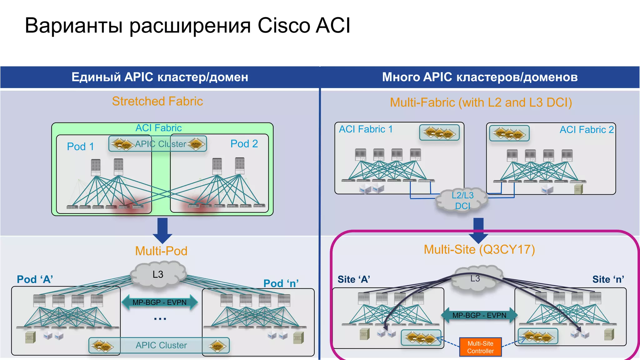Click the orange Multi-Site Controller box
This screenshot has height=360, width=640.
point(480,347)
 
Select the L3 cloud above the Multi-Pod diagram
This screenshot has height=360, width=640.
point(158,274)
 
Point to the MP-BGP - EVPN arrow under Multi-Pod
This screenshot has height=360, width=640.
point(159,302)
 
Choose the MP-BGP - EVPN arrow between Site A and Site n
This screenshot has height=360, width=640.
point(479,315)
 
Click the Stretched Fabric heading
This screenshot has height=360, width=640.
point(157,101)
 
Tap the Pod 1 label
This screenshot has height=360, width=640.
point(80,147)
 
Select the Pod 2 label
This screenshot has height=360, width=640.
point(244,144)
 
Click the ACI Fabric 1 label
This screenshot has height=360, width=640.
point(366,129)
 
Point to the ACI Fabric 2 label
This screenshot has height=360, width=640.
point(587,130)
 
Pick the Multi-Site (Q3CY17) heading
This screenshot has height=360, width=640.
point(479,249)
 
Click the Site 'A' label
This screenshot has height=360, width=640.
point(354,279)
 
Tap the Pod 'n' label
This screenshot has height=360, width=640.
point(281,283)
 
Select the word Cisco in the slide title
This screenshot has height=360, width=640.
point(284,25)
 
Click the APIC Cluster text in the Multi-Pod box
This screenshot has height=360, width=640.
point(161,345)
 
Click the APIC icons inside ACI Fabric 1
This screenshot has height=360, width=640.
point(439,133)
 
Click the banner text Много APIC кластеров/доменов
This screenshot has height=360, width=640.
point(480,77)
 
